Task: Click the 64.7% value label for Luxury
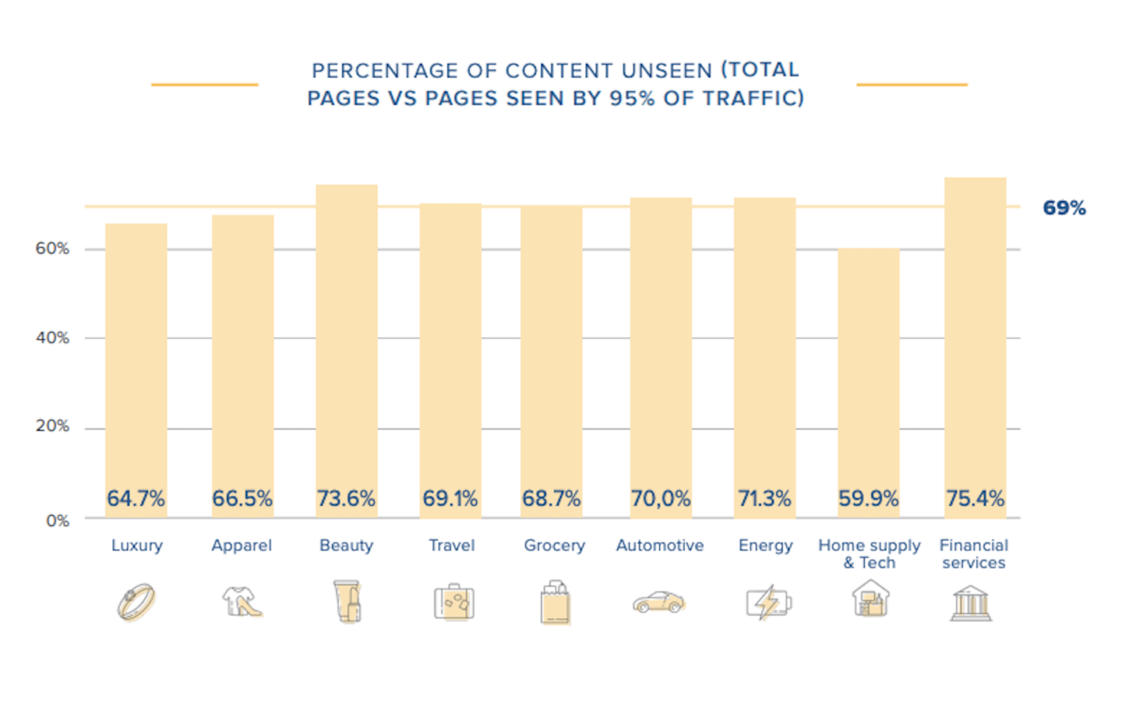pyautogui.click(x=136, y=498)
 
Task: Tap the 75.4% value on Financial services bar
pyautogui.click(x=975, y=498)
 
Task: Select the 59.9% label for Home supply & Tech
pyautogui.click(x=868, y=498)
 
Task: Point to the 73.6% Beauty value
pyautogui.click(x=346, y=498)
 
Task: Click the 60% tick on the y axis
pyautogui.click(x=52, y=249)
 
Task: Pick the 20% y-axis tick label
pyautogui.click(x=52, y=426)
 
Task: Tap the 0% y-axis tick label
pyautogui.click(x=57, y=521)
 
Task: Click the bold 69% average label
pyautogui.click(x=1064, y=208)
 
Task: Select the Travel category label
pyautogui.click(x=451, y=545)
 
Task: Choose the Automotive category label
pyautogui.click(x=659, y=545)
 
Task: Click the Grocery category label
pyautogui.click(x=554, y=545)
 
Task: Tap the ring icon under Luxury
pyautogui.click(x=137, y=602)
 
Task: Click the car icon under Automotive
pyautogui.click(x=659, y=602)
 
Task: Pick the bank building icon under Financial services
pyautogui.click(x=970, y=603)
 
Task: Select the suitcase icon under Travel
pyautogui.click(x=454, y=603)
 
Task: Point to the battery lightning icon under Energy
pyautogui.click(x=768, y=603)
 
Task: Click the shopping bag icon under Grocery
pyautogui.click(x=555, y=603)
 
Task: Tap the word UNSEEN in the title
pyautogui.click(x=667, y=71)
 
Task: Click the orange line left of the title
pyautogui.click(x=204, y=85)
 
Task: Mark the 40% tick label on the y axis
pyautogui.click(x=52, y=338)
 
